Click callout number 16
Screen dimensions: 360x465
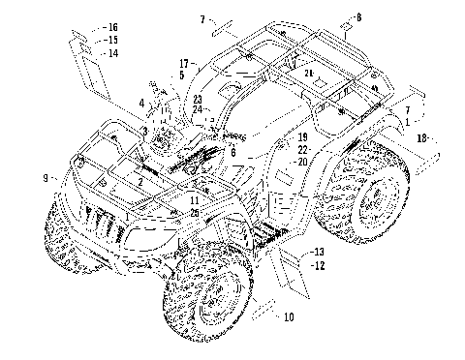(x=112, y=26)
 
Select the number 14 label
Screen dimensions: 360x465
(x=112, y=53)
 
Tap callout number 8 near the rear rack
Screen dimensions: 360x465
(x=357, y=16)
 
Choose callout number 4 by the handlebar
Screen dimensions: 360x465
(x=140, y=102)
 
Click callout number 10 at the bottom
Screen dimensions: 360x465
(x=288, y=316)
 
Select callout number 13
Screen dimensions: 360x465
(x=319, y=252)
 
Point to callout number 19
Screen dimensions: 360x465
(x=301, y=137)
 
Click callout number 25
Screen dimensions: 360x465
(x=195, y=212)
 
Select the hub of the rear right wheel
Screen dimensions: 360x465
(x=373, y=201)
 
